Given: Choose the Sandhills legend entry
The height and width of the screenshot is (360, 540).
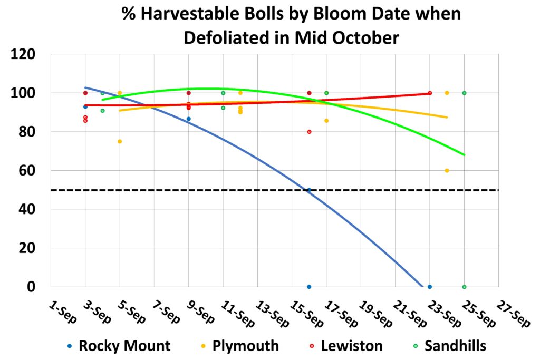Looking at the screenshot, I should point(455,346).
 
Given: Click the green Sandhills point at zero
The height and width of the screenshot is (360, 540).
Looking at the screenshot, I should point(464,287).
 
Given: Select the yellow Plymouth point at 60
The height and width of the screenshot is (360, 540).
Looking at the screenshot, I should point(447,170).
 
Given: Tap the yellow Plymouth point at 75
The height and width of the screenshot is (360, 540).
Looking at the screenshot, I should point(120,141).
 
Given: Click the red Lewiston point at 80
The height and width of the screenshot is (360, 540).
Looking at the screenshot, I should point(309,132).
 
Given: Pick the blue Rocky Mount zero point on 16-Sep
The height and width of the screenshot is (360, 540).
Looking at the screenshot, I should point(309,287).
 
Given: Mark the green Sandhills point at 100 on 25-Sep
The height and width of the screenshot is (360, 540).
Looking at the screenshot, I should point(464,93).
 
